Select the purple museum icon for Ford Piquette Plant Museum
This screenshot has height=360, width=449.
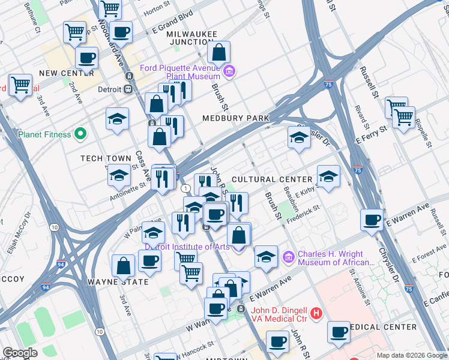point(229,73)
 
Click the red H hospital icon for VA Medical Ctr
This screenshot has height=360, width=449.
point(317,314)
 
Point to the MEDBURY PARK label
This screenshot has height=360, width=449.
point(235,118)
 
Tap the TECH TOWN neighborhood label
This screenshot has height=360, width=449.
point(106,158)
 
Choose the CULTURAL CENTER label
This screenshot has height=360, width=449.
point(272,179)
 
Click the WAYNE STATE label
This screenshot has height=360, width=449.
point(118,281)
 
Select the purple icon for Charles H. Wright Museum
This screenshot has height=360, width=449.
point(288,257)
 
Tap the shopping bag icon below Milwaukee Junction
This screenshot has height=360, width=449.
point(220,54)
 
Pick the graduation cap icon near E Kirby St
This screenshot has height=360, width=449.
point(328,178)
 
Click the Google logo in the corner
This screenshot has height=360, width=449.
point(20,353)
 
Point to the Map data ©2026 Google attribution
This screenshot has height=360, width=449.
point(411,355)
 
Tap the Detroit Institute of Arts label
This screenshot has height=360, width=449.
point(186,247)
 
